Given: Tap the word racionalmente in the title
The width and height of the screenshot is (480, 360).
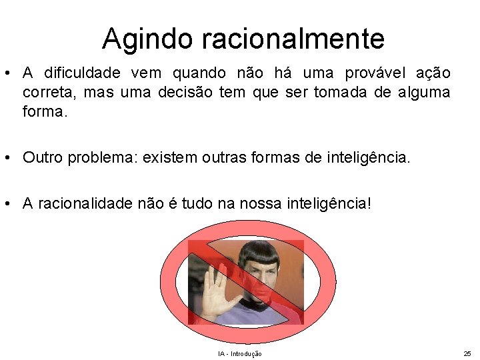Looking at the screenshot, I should pos(288,39).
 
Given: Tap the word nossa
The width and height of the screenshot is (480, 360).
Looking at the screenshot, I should pos(291,203).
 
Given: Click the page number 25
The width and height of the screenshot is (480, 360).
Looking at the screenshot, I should pos(466,353).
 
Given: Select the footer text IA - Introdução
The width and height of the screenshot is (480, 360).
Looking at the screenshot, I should pos(239,353).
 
